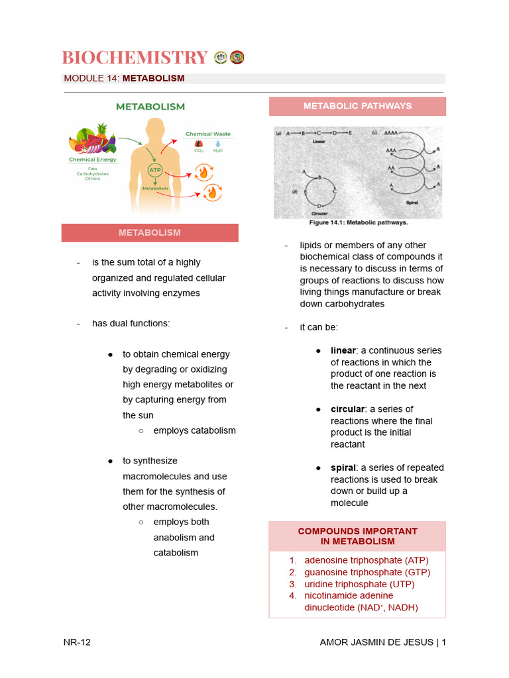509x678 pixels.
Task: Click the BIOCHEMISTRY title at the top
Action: coord(135,58)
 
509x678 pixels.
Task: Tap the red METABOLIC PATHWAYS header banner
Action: coord(357,106)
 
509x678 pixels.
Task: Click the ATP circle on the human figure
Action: coord(154,171)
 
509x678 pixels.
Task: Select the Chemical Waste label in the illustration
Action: coord(207,134)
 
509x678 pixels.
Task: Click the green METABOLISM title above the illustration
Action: coord(150,106)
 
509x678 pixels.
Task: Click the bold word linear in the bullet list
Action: coord(343,350)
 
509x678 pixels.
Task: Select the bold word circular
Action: coord(347,409)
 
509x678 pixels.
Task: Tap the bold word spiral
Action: coord(343,467)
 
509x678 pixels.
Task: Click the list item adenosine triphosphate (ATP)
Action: coord(367,560)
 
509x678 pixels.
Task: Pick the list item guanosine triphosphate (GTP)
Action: coord(367,572)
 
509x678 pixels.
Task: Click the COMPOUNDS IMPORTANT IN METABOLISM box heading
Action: coord(357,536)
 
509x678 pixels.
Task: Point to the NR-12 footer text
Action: coord(77,642)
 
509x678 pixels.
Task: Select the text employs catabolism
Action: coord(194,430)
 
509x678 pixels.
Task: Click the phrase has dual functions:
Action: coord(131,323)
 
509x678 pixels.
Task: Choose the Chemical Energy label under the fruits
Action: coord(93,160)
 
